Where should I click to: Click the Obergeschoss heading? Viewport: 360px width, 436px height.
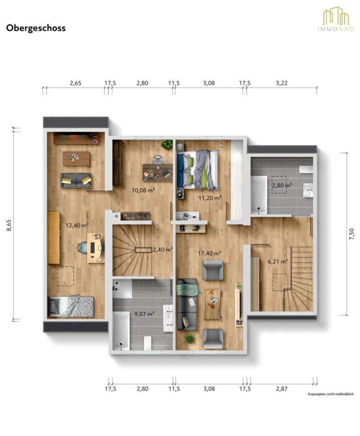[36, 28]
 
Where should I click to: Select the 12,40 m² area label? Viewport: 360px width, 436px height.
[77, 225]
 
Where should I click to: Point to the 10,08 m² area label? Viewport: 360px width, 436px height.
[143, 190]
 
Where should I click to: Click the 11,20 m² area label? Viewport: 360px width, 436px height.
[210, 198]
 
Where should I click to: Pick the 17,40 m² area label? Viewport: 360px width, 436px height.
[209, 253]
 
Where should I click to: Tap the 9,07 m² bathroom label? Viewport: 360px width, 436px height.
[144, 314]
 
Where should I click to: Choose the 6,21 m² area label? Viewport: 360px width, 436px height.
[278, 262]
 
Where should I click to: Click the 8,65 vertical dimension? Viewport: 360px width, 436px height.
[9, 225]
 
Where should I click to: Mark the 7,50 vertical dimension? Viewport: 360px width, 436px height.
[352, 234]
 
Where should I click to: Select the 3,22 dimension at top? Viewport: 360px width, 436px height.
[282, 83]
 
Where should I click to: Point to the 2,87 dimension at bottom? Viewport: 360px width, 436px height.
[282, 389]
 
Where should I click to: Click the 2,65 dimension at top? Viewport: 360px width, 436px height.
[76, 83]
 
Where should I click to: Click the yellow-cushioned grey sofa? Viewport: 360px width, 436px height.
[76, 181]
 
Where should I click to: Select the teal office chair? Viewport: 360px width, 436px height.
[83, 247]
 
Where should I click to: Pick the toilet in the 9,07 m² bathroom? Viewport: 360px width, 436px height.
[147, 343]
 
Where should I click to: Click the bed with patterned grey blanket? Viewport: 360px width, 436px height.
[71, 306]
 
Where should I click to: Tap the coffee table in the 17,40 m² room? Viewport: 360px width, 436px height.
[213, 304]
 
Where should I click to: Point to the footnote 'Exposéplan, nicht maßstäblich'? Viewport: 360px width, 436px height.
[331, 394]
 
